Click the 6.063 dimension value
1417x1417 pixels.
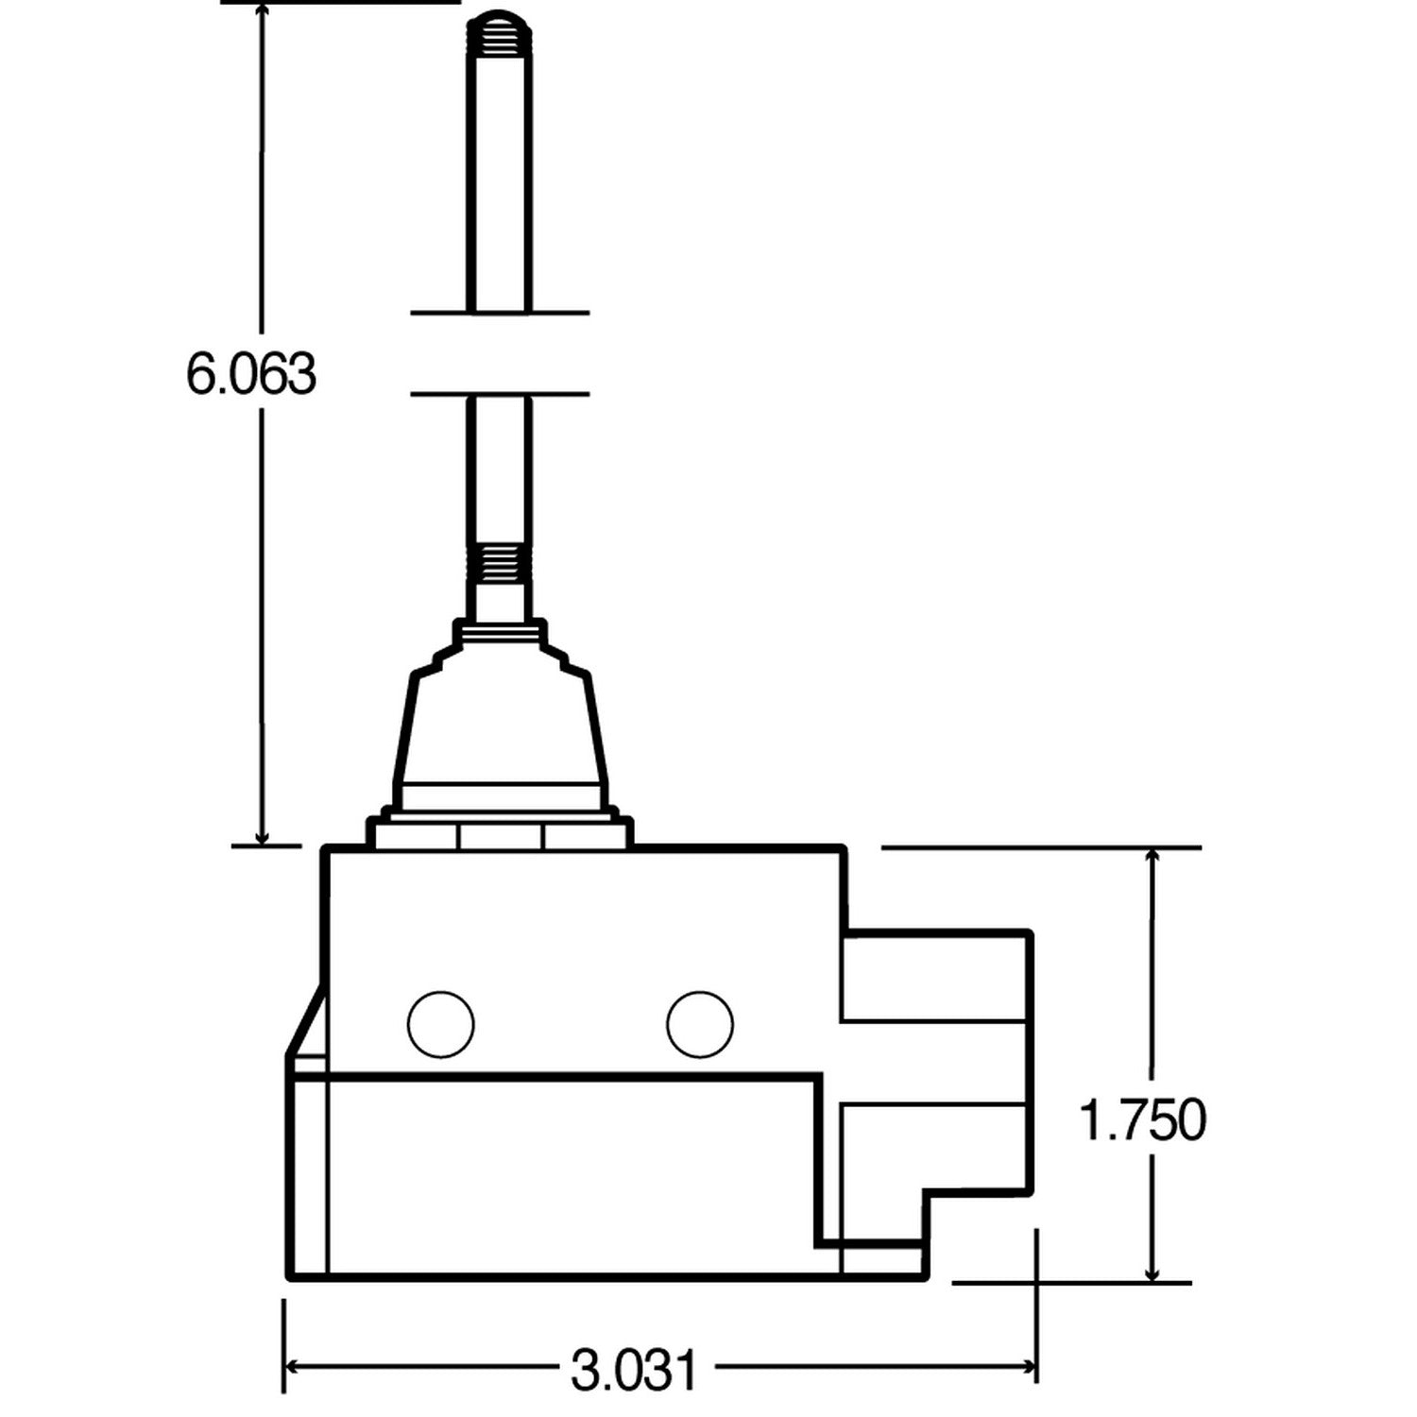click(x=250, y=374)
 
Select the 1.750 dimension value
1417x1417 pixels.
click(x=1142, y=1121)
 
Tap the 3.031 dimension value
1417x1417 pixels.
click(x=634, y=1369)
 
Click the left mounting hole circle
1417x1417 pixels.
click(x=440, y=1024)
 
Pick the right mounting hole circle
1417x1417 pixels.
click(x=699, y=1024)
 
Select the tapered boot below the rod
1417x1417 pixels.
click(x=501, y=727)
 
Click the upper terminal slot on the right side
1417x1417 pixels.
click(x=935, y=979)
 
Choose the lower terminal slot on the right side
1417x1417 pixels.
click(x=935, y=1145)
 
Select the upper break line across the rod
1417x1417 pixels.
click(x=500, y=312)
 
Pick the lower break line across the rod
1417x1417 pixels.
click(x=500, y=393)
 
